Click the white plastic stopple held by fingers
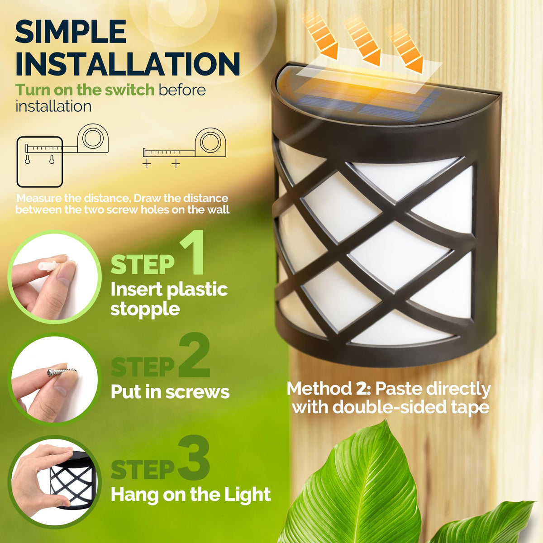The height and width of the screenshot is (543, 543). pyautogui.click(x=48, y=266)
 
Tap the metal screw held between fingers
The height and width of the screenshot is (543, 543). pyautogui.click(x=62, y=372)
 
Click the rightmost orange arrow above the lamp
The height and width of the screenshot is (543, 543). pyautogui.click(x=405, y=50)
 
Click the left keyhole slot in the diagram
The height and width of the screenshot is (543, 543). pyautogui.click(x=27, y=160)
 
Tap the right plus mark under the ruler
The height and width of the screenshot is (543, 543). pyautogui.click(x=176, y=164)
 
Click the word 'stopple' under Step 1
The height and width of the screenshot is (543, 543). pyautogui.click(x=145, y=310)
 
